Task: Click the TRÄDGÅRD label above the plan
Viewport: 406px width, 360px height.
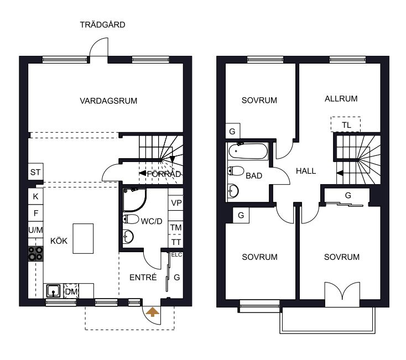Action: pos(102,25)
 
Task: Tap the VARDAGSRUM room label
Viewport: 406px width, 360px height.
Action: pos(108,101)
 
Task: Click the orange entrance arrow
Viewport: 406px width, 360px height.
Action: pos(153,312)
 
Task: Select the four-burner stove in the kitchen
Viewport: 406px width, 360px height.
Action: pos(36,254)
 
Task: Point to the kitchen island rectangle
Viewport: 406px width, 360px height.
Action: pos(83,239)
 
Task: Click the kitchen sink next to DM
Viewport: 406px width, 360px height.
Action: pos(53,291)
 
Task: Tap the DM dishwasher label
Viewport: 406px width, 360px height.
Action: pos(71,292)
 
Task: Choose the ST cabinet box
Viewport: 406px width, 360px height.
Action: pos(36,172)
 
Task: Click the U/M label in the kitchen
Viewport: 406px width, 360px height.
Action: pos(36,230)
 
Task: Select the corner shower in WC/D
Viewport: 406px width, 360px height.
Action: pos(134,200)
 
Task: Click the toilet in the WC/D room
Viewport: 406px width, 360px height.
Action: pos(131,219)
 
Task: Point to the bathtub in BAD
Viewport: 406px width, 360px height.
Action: pos(248,151)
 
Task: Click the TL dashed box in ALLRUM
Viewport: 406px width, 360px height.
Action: pos(346,124)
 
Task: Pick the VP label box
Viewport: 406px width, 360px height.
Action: pos(176,203)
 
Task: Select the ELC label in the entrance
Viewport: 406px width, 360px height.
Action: pos(176,255)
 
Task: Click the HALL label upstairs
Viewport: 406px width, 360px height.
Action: pos(306,171)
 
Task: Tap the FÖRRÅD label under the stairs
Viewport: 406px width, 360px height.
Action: pos(164,174)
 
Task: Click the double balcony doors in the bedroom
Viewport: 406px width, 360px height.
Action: pos(342,291)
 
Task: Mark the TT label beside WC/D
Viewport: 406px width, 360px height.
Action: pos(176,243)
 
